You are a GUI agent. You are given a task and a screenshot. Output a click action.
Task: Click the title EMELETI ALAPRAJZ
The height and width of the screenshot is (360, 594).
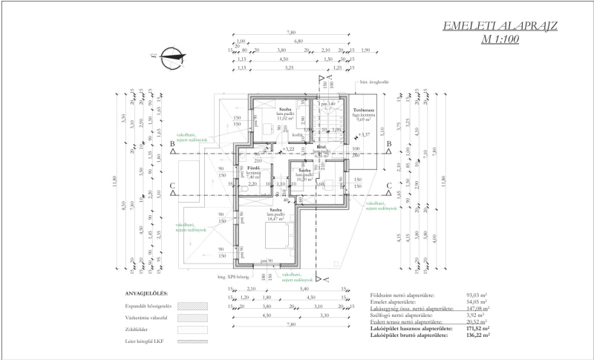[501, 28]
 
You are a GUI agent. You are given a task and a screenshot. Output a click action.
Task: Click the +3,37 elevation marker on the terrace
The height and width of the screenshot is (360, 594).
[365, 134]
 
